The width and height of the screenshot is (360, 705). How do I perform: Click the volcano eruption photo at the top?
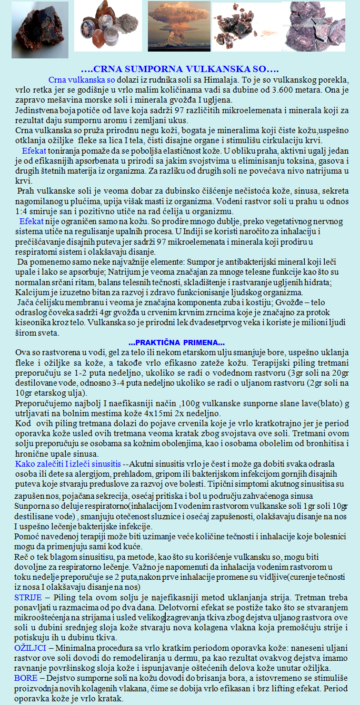click(x=179, y=26)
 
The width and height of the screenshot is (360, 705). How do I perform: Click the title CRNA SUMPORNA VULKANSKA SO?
click(x=179, y=69)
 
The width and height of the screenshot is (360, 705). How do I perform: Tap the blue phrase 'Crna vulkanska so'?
click(x=82, y=80)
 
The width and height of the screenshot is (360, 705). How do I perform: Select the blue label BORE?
click(x=26, y=679)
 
